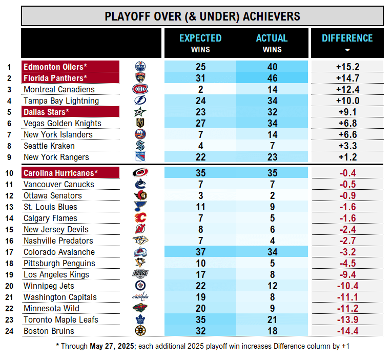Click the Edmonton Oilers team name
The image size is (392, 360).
coord(55,67)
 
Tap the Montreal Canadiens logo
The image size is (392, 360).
coord(140,89)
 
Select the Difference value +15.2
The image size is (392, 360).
coord(347,67)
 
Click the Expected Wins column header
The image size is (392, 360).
coord(200,38)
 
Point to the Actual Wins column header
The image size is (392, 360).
coord(272,38)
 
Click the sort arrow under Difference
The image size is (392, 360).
coord(347,50)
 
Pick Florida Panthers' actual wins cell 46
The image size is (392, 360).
coord(272,78)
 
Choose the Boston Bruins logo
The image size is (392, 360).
coord(140,331)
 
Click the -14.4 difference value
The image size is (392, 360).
coord(347,331)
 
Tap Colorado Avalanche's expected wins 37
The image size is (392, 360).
coord(200,252)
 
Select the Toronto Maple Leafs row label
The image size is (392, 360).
coord(61,319)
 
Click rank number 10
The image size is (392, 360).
coord(9,173)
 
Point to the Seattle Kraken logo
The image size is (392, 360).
coord(140,146)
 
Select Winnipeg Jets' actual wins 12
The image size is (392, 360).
coord(272,286)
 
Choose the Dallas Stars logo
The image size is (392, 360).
coord(140,112)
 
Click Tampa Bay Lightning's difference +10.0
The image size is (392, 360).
coord(347,101)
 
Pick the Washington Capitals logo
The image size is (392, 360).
coord(140,297)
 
